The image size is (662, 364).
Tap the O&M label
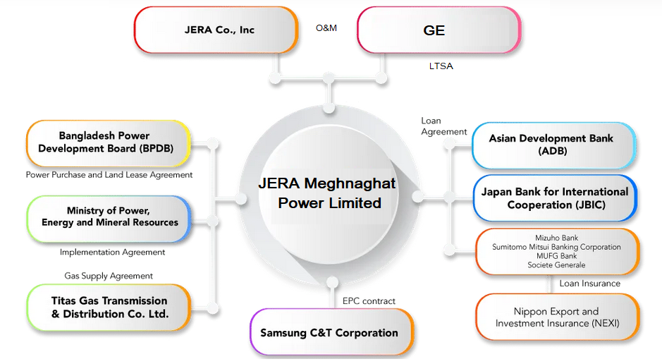pyautogui.click(x=326, y=28)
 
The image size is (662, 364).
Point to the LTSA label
pyautogui.click(x=441, y=66)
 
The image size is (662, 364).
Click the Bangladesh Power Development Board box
pyautogui.click(x=109, y=142)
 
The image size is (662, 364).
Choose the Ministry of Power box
pyautogui.click(x=109, y=217)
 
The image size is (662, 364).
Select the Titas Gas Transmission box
pyautogui.click(x=109, y=307)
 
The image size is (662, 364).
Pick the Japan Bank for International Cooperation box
pyautogui.click(x=555, y=198)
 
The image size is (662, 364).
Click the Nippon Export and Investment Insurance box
pyautogui.click(x=557, y=317)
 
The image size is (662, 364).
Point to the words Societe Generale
pyautogui.click(x=556, y=265)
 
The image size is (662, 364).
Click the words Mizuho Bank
pyautogui.click(x=556, y=238)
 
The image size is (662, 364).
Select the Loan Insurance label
pyautogui.click(x=590, y=284)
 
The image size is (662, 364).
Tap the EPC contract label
pyautogui.click(x=369, y=301)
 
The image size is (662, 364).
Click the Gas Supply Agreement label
pyautogui.click(x=109, y=276)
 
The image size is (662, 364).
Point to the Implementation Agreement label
pyautogui.click(x=113, y=252)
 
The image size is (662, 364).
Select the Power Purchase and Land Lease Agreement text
pyautogui.click(x=109, y=174)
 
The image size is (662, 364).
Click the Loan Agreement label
pyautogui.click(x=443, y=126)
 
